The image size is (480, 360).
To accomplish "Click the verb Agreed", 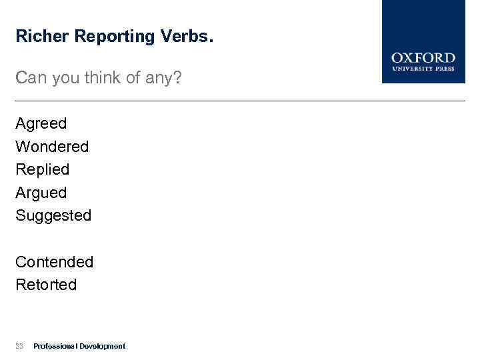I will point(41,124).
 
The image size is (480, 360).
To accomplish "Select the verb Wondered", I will point(52,146).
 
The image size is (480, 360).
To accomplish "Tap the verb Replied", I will point(43,169).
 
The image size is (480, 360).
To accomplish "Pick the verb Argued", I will point(41,193).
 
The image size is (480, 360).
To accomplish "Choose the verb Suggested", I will point(53,216).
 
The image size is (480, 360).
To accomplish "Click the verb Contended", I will point(55,262).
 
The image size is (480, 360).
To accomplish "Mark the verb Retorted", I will point(46,285).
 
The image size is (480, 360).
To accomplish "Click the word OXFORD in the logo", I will point(423,58).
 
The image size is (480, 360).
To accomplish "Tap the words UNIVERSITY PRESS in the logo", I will point(423,69).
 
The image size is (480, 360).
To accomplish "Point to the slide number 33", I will point(19,346).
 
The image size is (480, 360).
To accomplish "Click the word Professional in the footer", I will point(55,346).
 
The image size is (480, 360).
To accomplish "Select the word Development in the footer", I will point(102,346).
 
